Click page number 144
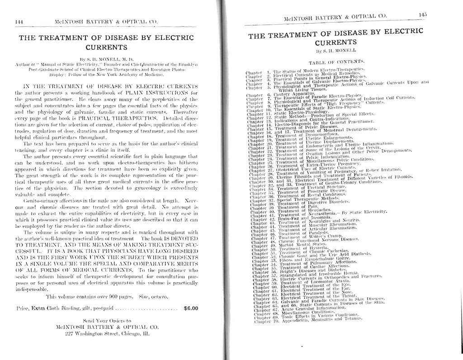[x=19, y=21]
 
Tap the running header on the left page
[x=107, y=21]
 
